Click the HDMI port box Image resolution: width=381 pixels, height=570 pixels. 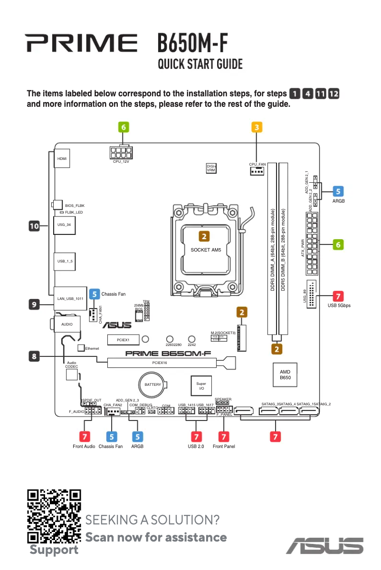point(62,159)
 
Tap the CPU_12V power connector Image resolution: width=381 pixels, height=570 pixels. point(121,152)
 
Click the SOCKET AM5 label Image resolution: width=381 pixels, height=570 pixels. point(206,250)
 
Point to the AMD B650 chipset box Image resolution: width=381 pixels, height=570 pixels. point(285,374)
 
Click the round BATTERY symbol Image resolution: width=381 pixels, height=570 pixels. point(153,384)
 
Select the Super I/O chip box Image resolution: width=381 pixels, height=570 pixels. point(201,385)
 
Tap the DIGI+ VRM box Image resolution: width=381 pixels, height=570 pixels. point(211,168)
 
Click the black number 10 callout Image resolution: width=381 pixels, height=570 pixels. point(34,227)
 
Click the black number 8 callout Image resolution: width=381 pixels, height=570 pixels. point(34,355)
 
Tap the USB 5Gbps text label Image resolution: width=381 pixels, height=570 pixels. point(339,306)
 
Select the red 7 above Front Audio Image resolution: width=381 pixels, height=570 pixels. point(84,436)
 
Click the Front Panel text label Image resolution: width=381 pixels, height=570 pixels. point(224,447)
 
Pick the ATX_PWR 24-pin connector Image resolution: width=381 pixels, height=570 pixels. point(312,244)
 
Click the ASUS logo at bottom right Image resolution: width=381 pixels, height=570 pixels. point(324,545)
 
